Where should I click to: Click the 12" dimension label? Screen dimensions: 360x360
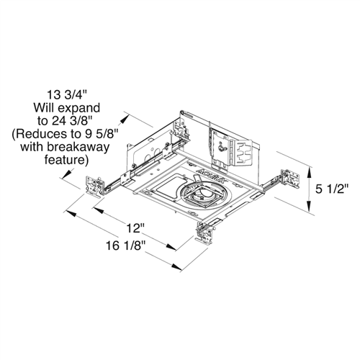(132, 230)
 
